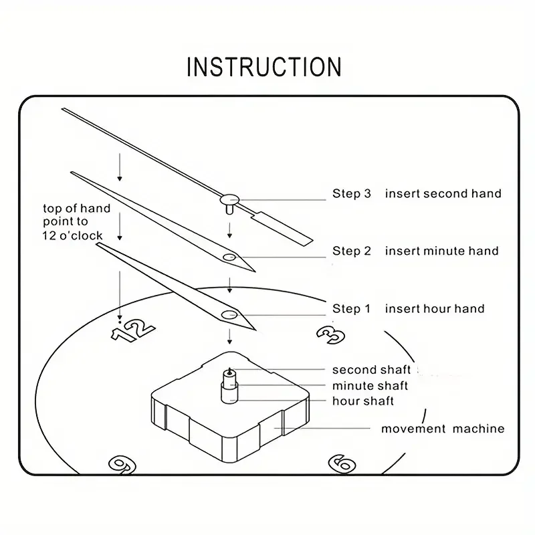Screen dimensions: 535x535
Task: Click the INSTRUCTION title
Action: [264, 67]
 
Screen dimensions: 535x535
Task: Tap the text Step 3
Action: [351, 194]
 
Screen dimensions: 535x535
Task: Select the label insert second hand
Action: [443, 194]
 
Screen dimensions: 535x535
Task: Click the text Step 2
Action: [351, 251]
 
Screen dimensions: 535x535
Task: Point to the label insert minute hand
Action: [441, 251]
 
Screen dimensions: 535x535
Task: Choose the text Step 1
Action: [351, 309]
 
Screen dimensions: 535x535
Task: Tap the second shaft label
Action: [371, 370]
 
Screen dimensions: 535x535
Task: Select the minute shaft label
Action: [370, 386]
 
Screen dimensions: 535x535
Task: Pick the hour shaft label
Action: [363, 401]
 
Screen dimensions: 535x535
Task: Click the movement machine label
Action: [443, 429]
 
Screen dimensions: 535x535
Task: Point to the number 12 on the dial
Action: [133, 329]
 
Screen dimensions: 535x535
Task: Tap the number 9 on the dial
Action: [122, 463]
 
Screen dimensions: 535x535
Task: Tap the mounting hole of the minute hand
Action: [229, 257]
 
